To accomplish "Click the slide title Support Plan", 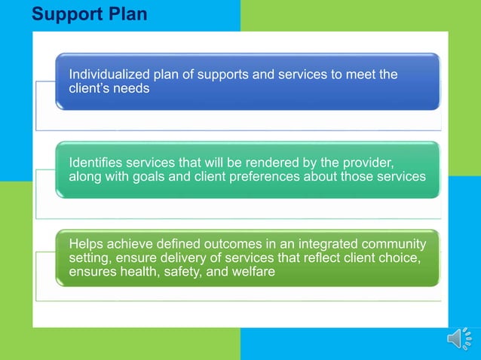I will pyautogui.click(x=90, y=14).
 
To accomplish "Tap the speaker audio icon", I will pyautogui.click(x=459, y=340).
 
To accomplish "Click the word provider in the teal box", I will pyautogui.click(x=364, y=163).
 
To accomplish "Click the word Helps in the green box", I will pyautogui.click(x=85, y=244).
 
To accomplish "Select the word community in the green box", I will pyautogui.click(x=392, y=244).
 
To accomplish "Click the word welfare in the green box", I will pyautogui.click(x=253, y=271).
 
